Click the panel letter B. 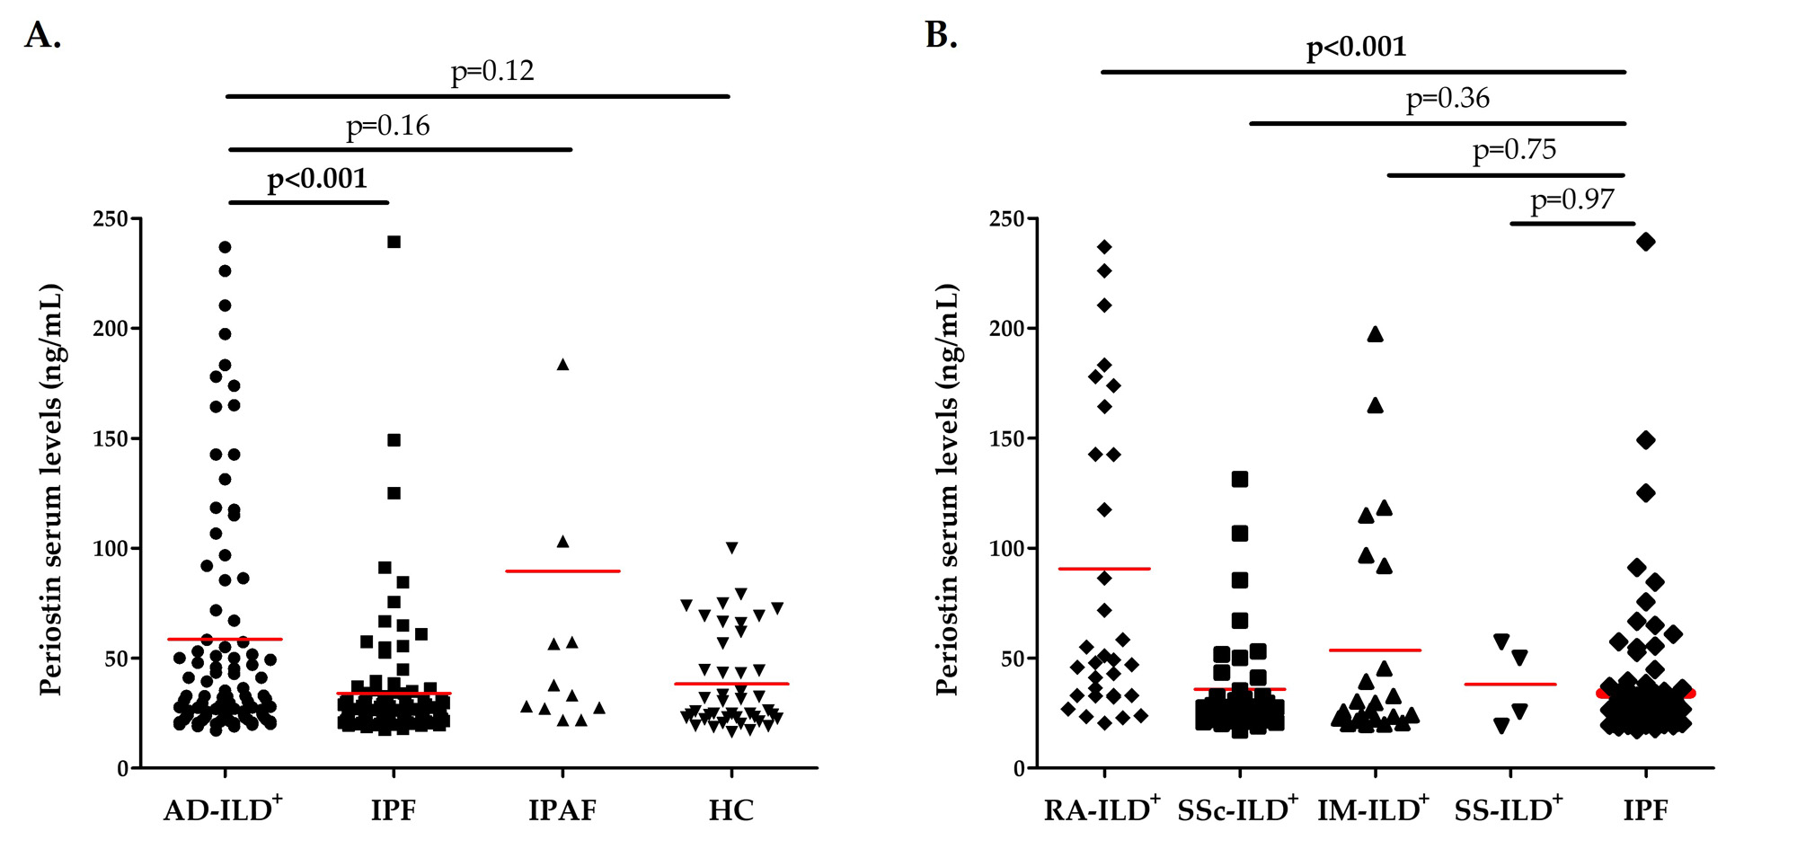940,35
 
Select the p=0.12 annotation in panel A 492,71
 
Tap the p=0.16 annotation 388,126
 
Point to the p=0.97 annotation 1572,199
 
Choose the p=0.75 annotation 1514,149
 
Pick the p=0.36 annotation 1447,98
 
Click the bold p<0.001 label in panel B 1356,47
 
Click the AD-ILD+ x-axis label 222,809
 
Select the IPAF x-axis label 562,810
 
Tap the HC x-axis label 730,810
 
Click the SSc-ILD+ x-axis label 1237,809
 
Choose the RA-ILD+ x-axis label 1102,809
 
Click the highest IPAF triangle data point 562,365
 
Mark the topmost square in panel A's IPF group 394,242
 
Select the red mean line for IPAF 562,570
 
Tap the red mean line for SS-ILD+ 1509,685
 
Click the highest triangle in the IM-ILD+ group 1375,335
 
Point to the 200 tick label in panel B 1006,329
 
